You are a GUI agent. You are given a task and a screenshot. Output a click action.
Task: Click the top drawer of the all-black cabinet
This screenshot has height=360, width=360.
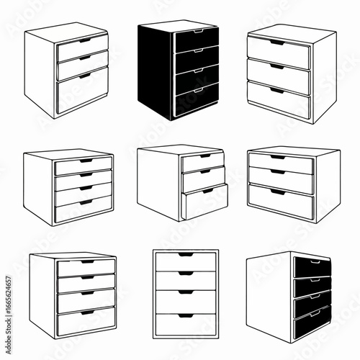coord(197,40)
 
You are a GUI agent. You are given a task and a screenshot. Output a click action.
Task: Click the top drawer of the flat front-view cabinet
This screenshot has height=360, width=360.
coord(186,261)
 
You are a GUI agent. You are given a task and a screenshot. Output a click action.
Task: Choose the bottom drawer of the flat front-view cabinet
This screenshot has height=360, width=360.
coord(186,323)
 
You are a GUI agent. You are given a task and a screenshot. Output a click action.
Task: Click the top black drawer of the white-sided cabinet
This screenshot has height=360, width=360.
coord(312,267)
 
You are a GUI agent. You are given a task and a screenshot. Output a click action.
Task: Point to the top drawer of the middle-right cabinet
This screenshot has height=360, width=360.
coord(281,164)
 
